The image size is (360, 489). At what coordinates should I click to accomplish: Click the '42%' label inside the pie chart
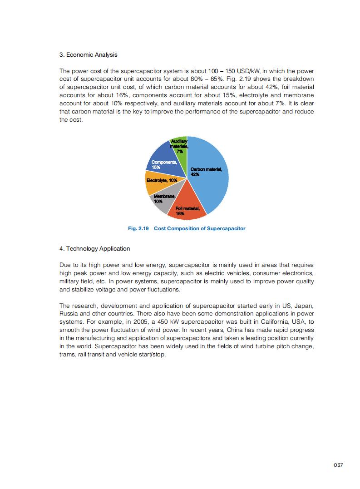(x=195, y=174)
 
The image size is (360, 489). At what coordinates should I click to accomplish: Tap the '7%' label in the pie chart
(x=180, y=152)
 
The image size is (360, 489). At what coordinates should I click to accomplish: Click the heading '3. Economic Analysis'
(x=89, y=55)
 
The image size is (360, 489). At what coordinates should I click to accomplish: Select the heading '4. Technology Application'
(x=95, y=249)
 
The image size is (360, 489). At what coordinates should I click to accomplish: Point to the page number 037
(x=338, y=465)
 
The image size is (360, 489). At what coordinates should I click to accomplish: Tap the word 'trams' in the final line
(x=68, y=355)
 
